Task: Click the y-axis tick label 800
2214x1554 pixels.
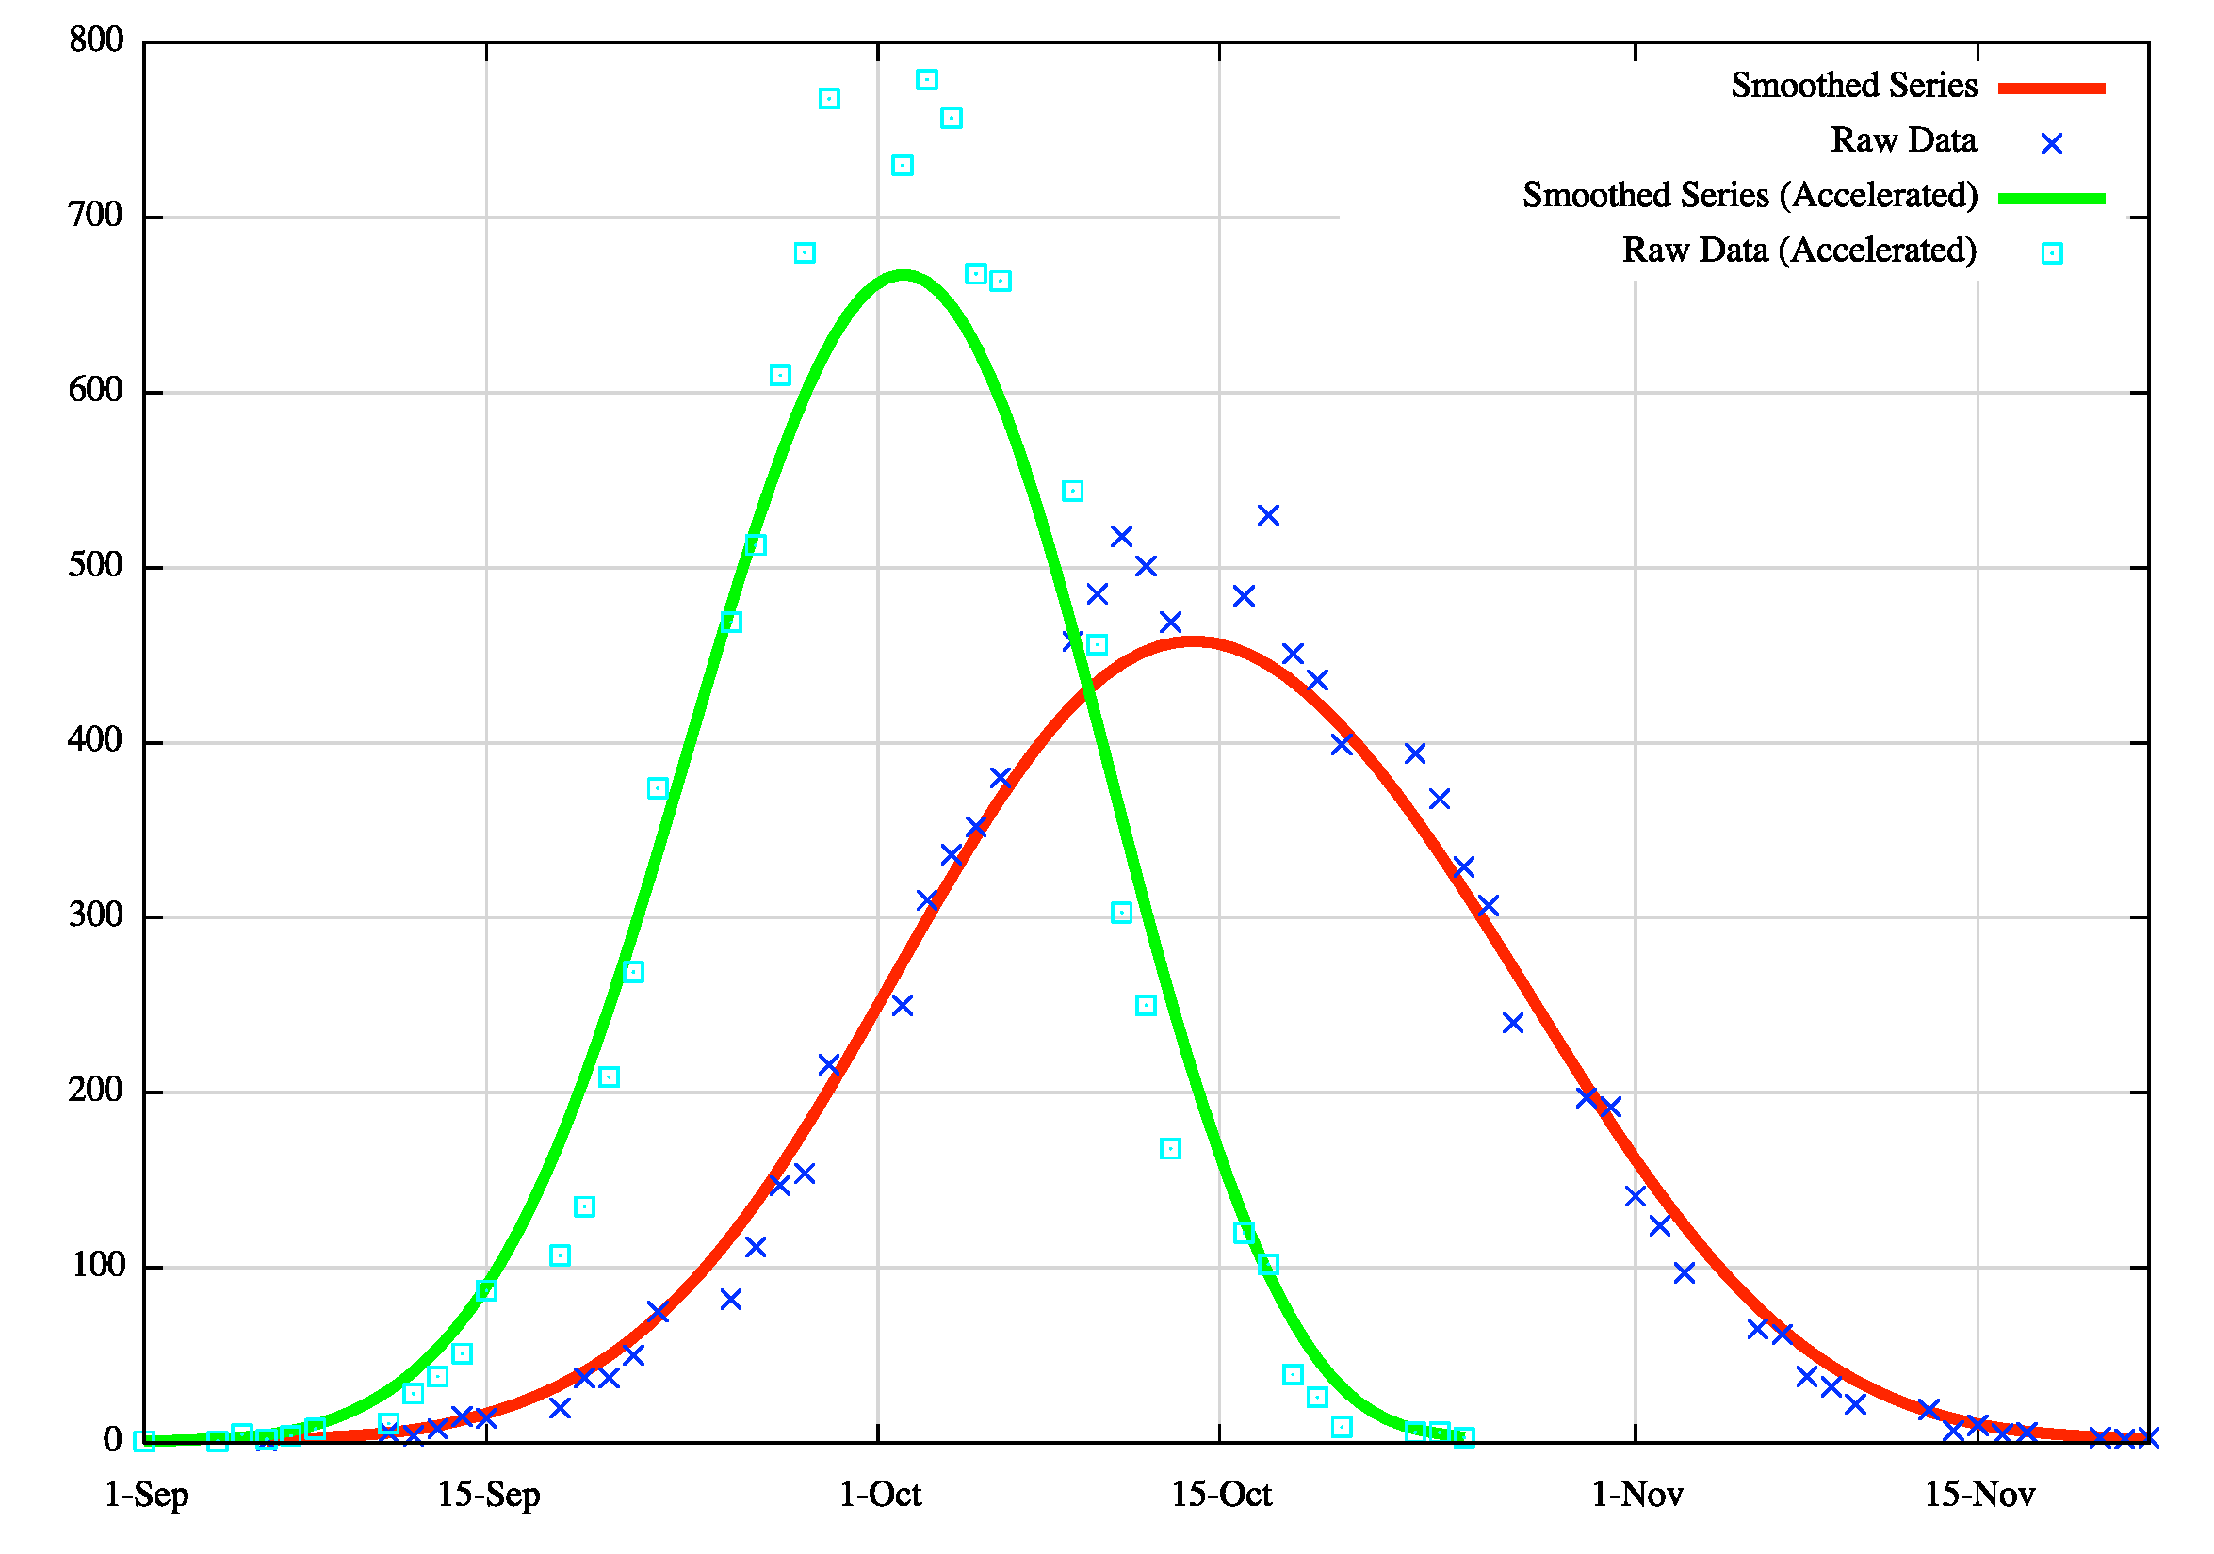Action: pos(95,40)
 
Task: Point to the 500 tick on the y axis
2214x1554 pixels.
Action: pos(95,566)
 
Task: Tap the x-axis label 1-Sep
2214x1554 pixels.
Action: pos(147,1496)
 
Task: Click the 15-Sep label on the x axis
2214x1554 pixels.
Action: pos(489,1496)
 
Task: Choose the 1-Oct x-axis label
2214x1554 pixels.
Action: pos(880,1496)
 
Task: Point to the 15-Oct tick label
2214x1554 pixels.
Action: pos(1221,1496)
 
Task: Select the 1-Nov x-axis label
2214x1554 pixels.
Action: pos(1637,1496)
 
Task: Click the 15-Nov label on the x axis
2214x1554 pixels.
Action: pos(1979,1496)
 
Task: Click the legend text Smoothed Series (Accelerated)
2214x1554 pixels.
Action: pos(1750,196)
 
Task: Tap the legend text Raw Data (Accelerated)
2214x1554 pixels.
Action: pos(1799,251)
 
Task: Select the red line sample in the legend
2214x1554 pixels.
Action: pos(2051,88)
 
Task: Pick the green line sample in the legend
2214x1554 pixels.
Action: pos(2051,199)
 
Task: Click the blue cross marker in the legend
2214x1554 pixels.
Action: pos(2052,144)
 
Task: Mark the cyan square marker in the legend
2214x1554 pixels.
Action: pos(2052,253)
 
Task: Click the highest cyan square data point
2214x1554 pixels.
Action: pos(927,80)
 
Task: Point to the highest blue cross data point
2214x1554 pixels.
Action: pos(1268,516)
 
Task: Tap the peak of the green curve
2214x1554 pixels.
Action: pos(903,275)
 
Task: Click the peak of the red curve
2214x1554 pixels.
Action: pos(1194,641)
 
